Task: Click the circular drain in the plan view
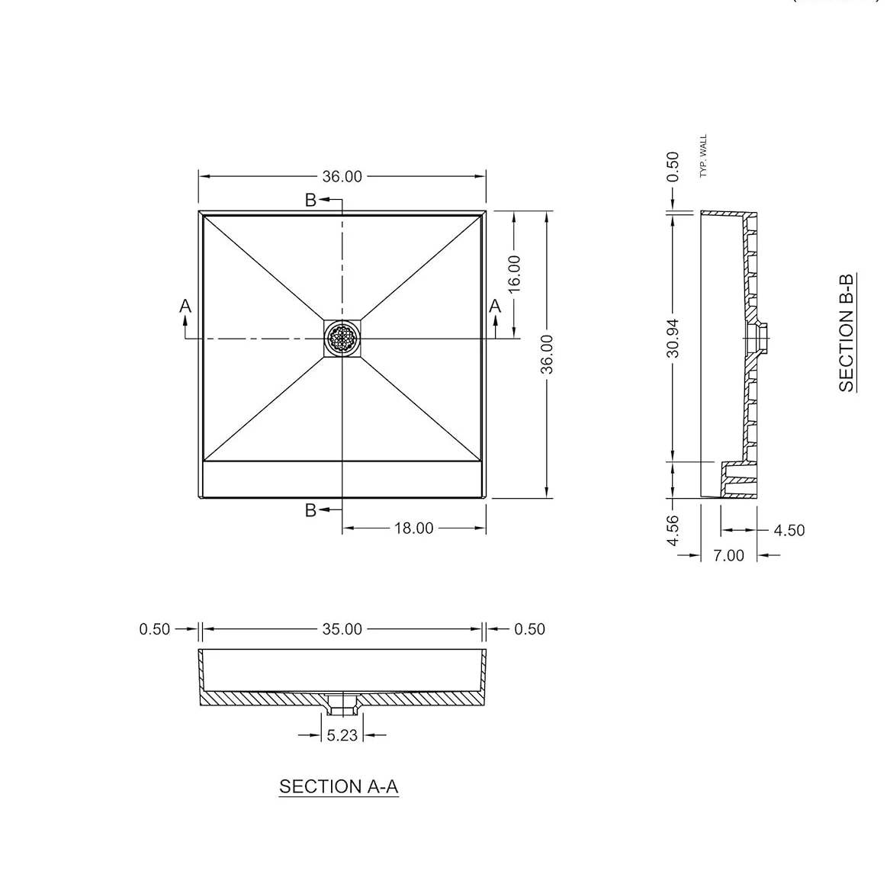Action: [342, 338]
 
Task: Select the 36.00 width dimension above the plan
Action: [342, 176]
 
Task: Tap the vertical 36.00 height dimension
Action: [547, 355]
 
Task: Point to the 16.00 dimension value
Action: [514, 272]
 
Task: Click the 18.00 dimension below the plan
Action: [413, 528]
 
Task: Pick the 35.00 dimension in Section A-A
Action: [342, 629]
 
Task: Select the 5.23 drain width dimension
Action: [342, 735]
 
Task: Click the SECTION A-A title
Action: [339, 786]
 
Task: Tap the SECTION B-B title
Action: [847, 332]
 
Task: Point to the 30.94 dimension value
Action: [672, 336]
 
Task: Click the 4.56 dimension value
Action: [672, 530]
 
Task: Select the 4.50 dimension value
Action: [789, 530]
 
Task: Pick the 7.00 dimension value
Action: [728, 556]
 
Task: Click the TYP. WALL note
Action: [703, 156]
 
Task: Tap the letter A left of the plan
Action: [185, 306]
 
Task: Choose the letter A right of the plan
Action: [495, 306]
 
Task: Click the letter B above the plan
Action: [310, 200]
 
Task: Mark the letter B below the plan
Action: [310, 510]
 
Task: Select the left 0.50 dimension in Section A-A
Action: [154, 629]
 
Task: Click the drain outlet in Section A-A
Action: [342, 704]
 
